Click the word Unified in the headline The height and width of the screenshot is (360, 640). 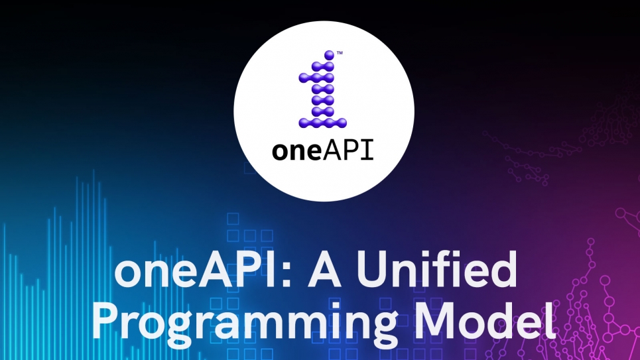pos(437,269)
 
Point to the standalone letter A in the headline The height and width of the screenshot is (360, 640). pos(324,269)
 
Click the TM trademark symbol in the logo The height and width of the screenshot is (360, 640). pos(340,53)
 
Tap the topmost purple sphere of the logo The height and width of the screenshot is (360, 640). pos(329,55)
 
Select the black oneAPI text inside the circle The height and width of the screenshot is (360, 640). pos(323,150)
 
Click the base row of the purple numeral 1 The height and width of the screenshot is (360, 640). pos(322,122)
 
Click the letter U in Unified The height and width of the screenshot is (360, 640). pos(373,270)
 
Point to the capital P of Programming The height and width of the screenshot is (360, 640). pos(106,320)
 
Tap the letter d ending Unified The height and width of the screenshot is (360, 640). pos(503,269)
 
